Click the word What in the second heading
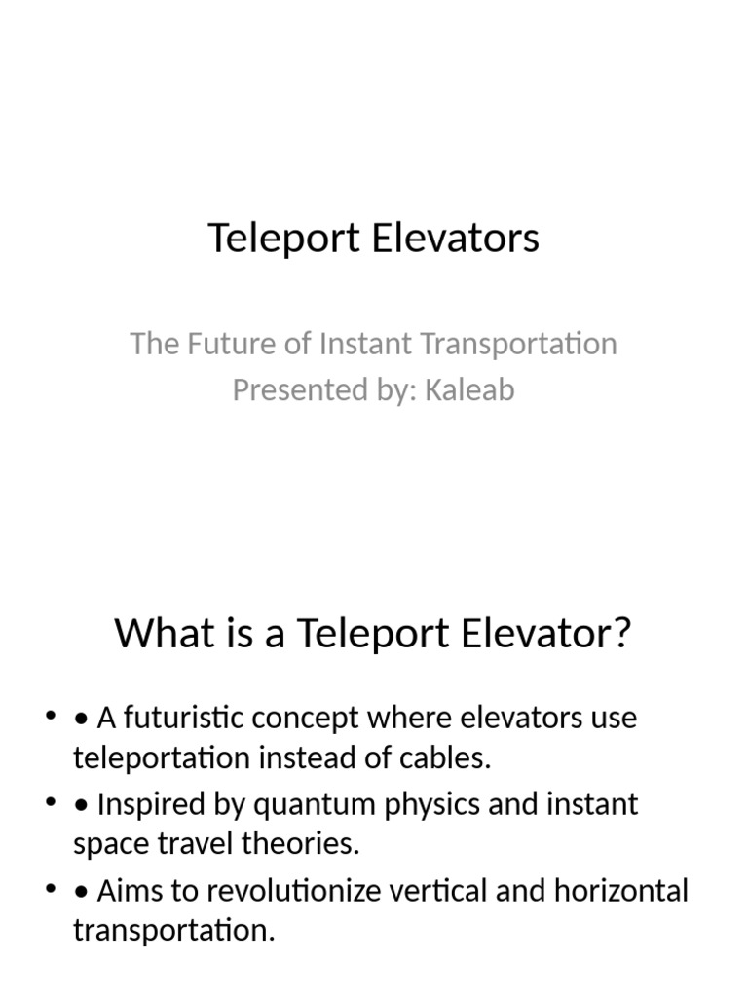click(x=160, y=634)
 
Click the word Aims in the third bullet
click(x=129, y=890)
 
